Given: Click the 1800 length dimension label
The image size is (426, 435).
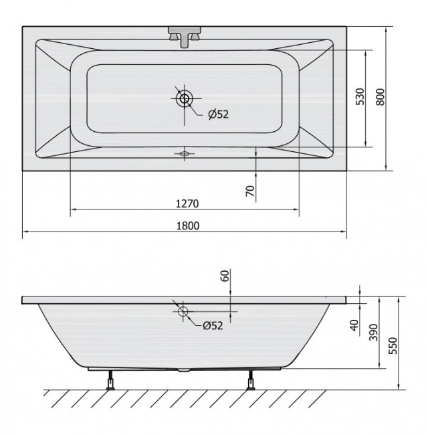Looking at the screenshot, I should (188, 226).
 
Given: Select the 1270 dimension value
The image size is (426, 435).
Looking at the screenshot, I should (187, 203).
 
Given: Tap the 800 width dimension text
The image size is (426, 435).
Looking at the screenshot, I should (381, 98).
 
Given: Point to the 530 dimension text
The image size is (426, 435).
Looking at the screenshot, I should (360, 98).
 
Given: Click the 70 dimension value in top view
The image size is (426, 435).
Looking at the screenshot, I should (250, 190).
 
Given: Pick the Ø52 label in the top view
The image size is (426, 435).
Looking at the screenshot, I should (218, 114).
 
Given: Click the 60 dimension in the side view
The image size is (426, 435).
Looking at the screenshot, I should (225, 276).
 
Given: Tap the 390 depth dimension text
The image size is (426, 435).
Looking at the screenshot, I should (374, 333).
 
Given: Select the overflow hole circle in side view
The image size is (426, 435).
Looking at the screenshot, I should (183, 311).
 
